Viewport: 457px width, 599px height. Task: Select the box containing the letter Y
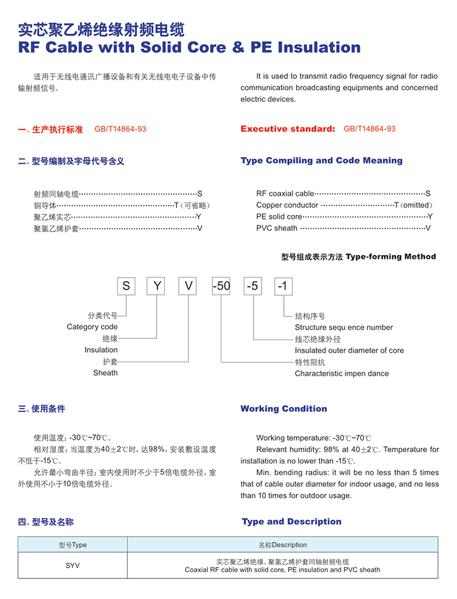(x=157, y=285)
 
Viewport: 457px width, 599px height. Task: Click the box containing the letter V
(x=188, y=285)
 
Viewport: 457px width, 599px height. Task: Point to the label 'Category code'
(x=92, y=327)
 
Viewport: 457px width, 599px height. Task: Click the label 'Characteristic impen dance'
(x=342, y=373)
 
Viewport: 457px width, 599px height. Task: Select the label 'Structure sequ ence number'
(x=344, y=328)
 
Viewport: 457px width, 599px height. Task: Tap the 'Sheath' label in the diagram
(x=105, y=373)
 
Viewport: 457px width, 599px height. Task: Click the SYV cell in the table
(x=73, y=565)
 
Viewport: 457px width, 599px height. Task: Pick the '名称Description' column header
(x=282, y=545)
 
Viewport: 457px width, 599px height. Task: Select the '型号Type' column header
(x=73, y=545)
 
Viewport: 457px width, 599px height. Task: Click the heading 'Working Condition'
(x=284, y=409)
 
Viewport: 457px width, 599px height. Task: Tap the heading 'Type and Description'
(x=291, y=521)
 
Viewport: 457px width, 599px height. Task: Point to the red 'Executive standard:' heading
(x=288, y=129)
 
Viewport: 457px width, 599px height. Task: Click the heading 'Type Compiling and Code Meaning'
(x=322, y=161)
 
